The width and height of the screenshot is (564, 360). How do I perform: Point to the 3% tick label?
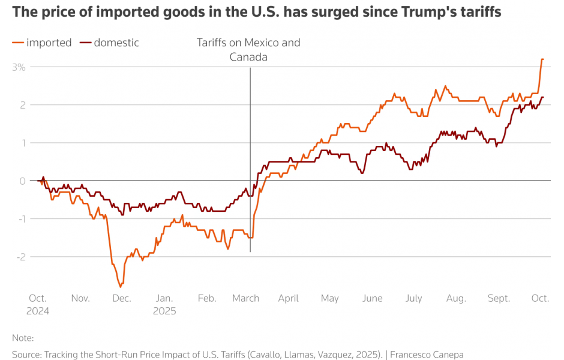point(19,67)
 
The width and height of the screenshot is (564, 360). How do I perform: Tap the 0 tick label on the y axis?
point(22,181)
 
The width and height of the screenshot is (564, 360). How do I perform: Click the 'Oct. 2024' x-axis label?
point(38,304)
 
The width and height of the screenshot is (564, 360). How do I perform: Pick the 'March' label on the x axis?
point(245,298)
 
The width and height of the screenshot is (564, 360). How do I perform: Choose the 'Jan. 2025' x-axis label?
point(165,304)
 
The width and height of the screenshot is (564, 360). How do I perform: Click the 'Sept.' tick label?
point(499,298)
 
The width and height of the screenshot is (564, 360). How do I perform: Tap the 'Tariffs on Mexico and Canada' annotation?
point(248,50)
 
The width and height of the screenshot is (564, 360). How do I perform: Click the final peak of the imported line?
point(542,59)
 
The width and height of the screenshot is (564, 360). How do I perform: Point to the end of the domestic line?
point(543,97)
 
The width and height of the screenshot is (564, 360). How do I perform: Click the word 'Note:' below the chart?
point(23,338)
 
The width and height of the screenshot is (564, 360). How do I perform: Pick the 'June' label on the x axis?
point(373,298)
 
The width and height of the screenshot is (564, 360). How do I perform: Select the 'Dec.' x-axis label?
point(122,298)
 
